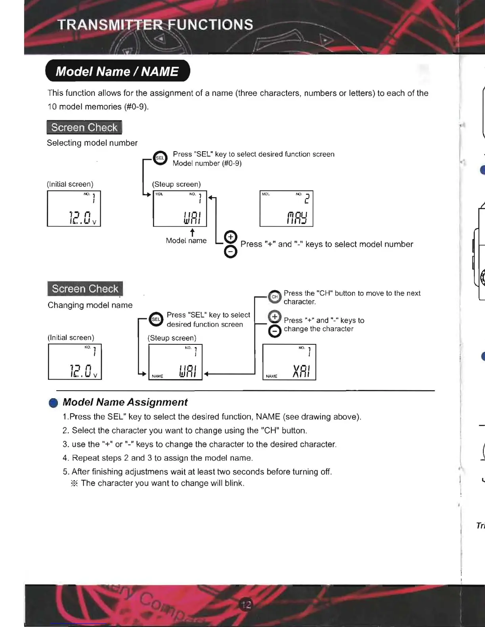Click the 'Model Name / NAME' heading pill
coord(117,71)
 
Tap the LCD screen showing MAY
coord(286,209)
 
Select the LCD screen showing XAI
coord(289,362)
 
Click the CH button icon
coord(274,297)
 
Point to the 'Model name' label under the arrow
coord(186,241)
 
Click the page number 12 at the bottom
coord(246,604)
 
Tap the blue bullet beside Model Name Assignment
coord(53,403)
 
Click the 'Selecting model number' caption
coord(92,143)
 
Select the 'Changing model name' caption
coord(90,305)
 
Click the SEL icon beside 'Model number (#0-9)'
coord(160,158)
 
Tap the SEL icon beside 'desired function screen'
coord(156,319)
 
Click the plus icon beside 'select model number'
coord(230,237)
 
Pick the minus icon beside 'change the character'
coord(275,331)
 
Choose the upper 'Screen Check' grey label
coord(84,127)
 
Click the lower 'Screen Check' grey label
coord(85,289)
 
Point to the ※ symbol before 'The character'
coord(74,483)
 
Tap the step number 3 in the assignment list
coord(65,445)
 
